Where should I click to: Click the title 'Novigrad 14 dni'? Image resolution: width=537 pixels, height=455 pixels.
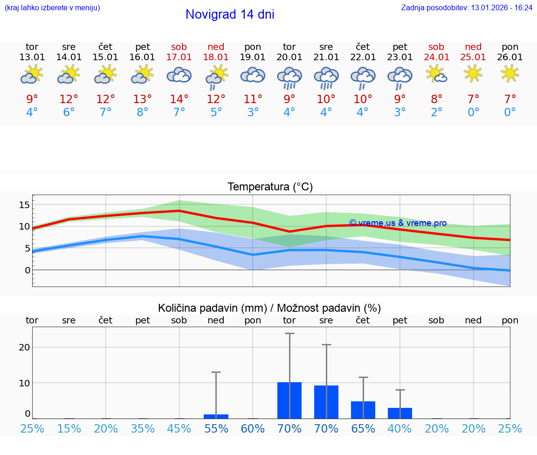[230, 14]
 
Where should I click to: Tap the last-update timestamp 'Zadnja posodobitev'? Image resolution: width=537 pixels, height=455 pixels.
[467, 7]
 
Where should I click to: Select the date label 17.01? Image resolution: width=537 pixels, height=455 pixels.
[179, 57]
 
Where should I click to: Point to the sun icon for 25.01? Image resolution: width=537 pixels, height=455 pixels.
[473, 73]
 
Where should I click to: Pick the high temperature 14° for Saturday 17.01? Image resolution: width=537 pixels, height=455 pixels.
[179, 99]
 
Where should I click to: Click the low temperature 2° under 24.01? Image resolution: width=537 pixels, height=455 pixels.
[437, 112]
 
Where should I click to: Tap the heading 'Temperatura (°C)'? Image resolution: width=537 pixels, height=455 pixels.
[270, 187]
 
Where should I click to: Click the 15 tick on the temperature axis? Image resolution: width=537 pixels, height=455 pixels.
[24, 204]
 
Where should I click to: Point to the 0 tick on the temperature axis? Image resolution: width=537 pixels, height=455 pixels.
[27, 270]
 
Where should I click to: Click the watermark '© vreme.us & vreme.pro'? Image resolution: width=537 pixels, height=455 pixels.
[398, 223]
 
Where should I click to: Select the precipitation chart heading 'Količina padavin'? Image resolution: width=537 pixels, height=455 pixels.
[269, 308]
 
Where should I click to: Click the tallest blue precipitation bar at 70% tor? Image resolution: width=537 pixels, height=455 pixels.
[289, 400]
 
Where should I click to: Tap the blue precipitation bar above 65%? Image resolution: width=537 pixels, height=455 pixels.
[363, 410]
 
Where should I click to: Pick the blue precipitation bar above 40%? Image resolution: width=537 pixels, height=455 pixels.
[400, 413]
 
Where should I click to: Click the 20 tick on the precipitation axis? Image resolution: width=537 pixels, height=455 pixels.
[24, 347]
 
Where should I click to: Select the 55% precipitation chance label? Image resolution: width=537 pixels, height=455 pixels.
[216, 428]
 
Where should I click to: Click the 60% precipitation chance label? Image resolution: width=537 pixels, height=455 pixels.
[253, 428]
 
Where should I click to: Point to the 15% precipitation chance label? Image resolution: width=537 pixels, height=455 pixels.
[69, 428]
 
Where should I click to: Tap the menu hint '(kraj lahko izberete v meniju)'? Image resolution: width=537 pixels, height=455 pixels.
[52, 7]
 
